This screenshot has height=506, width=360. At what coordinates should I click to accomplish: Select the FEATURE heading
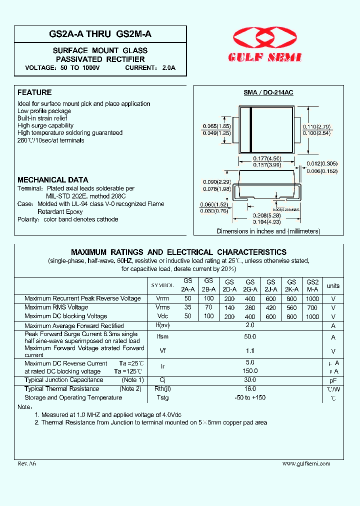pyautogui.click(x=34, y=92)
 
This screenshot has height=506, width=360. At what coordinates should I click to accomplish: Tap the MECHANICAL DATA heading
pyautogui.click(x=53, y=180)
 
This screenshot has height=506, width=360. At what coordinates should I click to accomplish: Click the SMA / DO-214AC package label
pyautogui.click(x=268, y=92)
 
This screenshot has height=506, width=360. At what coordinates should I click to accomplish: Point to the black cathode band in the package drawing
pyautogui.click(x=250, y=129)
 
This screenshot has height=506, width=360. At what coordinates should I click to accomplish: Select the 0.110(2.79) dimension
pyautogui.click(x=316, y=126)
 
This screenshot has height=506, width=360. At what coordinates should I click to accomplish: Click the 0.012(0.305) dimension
pyautogui.click(x=321, y=163)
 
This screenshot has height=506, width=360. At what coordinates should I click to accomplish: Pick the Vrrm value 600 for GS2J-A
pyautogui.click(x=270, y=298)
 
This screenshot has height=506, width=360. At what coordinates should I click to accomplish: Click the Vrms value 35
pyautogui.click(x=188, y=307)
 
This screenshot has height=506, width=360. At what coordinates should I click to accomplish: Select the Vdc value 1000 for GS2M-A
pyautogui.click(x=312, y=316)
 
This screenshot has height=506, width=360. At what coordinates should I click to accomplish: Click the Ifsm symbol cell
pyautogui.click(x=162, y=337)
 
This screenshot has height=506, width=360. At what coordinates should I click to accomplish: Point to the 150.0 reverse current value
pyautogui.click(x=250, y=371)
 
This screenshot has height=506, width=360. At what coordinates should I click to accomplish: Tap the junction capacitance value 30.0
pyautogui.click(x=250, y=380)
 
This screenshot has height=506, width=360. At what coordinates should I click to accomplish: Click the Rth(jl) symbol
pyautogui.click(x=162, y=389)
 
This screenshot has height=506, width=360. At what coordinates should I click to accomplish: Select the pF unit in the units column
pyautogui.click(x=333, y=380)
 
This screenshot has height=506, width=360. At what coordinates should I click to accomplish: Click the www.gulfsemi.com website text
pyautogui.click(x=306, y=464)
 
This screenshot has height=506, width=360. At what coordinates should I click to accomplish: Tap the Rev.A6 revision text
pyautogui.click(x=27, y=464)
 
